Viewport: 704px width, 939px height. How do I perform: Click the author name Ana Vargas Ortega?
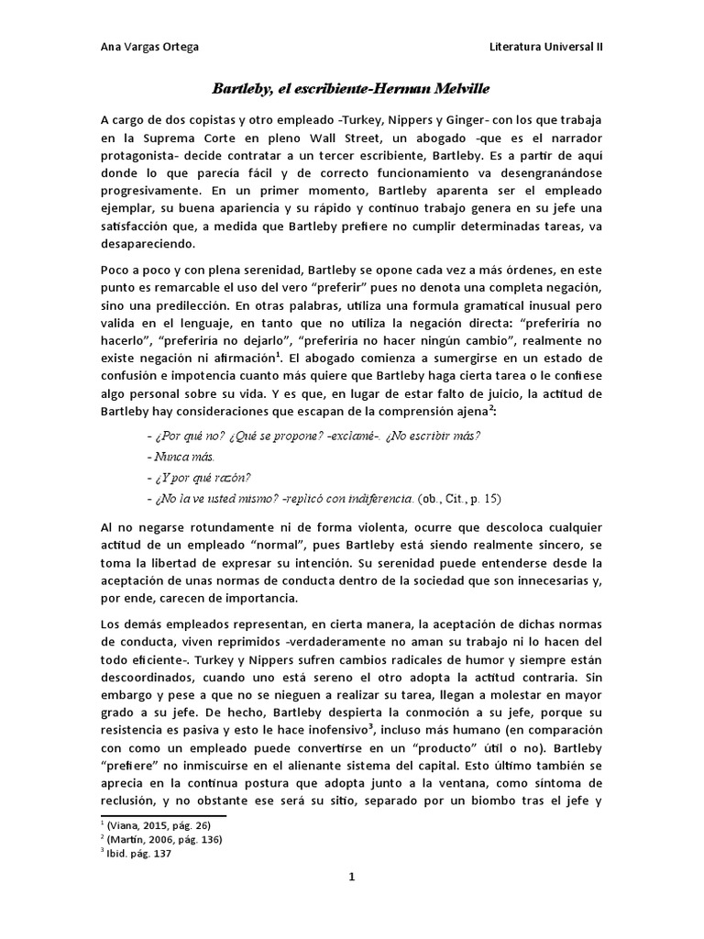click(x=148, y=48)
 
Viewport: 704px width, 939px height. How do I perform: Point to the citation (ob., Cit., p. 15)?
click(x=459, y=499)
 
